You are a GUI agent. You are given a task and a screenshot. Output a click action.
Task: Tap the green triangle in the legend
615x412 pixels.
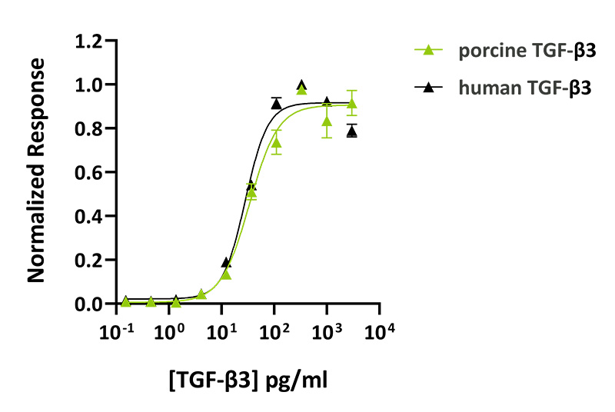[429, 51]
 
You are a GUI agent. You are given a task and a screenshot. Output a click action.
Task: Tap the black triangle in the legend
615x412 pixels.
[429, 87]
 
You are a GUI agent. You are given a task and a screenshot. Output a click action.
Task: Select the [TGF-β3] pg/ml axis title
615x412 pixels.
[251, 379]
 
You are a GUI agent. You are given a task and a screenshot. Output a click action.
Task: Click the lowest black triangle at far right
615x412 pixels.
[351, 131]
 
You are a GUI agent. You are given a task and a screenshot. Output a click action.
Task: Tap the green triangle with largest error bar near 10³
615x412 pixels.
[327, 121]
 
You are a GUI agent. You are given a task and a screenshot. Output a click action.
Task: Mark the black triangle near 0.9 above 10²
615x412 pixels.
[276, 103]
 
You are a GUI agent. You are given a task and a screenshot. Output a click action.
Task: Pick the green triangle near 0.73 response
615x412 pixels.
[276, 142]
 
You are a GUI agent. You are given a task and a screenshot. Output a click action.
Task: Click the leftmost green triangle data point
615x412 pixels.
[125, 301]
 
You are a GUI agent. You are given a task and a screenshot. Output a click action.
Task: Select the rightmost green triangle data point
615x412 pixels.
[351, 103]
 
